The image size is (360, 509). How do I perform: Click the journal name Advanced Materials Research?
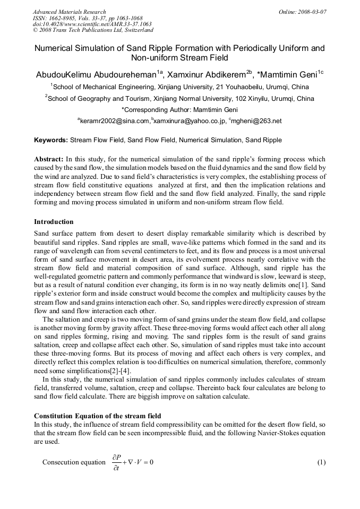70,12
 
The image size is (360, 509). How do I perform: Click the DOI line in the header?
92,24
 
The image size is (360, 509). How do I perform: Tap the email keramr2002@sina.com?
114,121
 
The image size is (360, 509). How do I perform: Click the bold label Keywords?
51,141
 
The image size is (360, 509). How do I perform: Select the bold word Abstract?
49,159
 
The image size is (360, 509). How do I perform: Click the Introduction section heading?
54,221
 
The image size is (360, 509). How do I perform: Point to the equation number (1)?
321,462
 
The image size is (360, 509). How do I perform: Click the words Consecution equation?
74,462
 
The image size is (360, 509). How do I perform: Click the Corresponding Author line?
179,109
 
